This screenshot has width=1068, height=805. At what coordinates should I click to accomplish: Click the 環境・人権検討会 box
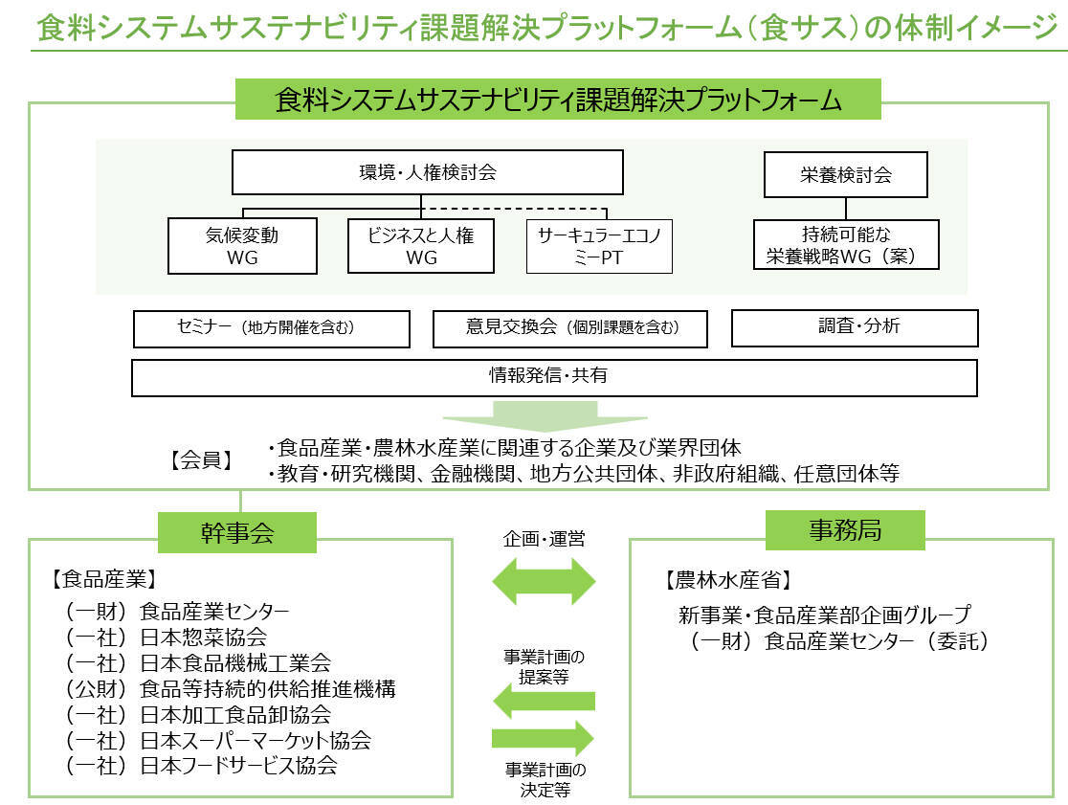point(427,174)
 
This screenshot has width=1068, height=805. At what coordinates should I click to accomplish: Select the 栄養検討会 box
point(845,175)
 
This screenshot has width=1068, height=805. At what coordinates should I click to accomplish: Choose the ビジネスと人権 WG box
point(421,246)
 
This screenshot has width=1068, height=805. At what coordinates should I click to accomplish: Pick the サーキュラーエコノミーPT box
point(599,246)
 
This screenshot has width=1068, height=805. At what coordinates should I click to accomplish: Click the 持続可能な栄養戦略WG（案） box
point(845,244)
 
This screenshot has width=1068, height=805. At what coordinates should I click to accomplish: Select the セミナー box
point(271,328)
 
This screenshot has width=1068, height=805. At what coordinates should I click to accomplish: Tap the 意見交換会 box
point(570,328)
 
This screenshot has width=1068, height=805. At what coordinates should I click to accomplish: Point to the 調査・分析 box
point(854,327)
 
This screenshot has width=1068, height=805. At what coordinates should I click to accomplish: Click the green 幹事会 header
point(238,532)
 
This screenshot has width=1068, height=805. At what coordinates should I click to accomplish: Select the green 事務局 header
point(844,530)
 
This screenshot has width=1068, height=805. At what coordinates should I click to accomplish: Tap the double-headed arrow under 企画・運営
point(544,580)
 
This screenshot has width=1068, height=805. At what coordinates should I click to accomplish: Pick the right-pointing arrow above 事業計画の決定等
point(544,739)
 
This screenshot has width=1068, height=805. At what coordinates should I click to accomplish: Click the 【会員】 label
point(203,460)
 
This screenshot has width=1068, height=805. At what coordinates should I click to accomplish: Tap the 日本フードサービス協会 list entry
point(202,766)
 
